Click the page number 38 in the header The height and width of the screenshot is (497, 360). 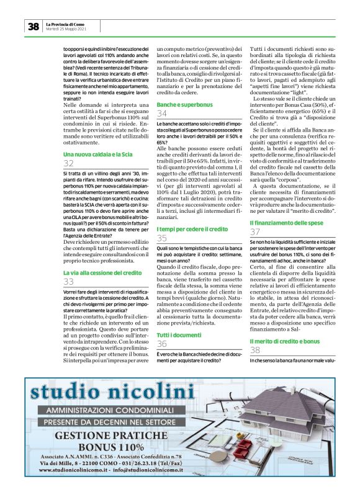pos(33,26)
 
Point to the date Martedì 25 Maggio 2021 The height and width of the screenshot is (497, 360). pos(66,29)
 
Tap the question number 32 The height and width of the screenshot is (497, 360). pos(68,163)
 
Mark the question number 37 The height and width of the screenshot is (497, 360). pos(255,231)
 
